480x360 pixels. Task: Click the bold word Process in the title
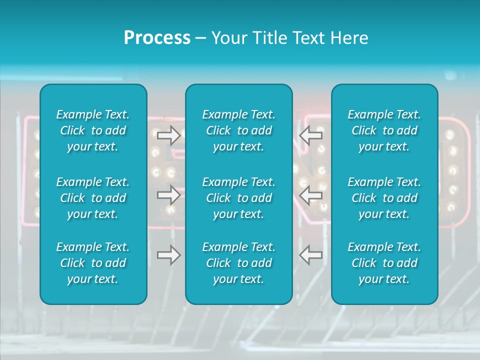pyautogui.click(x=157, y=38)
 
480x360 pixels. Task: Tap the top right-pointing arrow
pyautogui.click(x=169, y=135)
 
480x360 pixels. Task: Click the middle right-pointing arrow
pyautogui.click(x=169, y=195)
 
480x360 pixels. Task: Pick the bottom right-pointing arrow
pyautogui.click(x=169, y=255)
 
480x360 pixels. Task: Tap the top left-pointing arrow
pyautogui.click(x=310, y=135)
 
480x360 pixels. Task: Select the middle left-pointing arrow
pyautogui.click(x=310, y=195)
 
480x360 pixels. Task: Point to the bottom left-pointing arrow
pyautogui.click(x=310, y=255)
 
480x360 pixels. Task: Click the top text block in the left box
pyautogui.click(x=93, y=130)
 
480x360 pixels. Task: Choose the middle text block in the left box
pyautogui.click(x=93, y=198)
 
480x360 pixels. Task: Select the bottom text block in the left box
pyautogui.click(x=93, y=263)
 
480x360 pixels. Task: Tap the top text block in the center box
pyautogui.click(x=239, y=130)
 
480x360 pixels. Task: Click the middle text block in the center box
pyautogui.click(x=239, y=198)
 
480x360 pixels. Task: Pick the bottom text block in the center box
pyautogui.click(x=239, y=263)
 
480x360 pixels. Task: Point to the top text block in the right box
pyautogui.click(x=384, y=130)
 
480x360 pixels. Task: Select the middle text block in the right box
pyautogui.click(x=384, y=198)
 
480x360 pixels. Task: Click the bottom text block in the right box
pyautogui.click(x=384, y=263)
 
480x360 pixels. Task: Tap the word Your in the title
pyautogui.click(x=229, y=38)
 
